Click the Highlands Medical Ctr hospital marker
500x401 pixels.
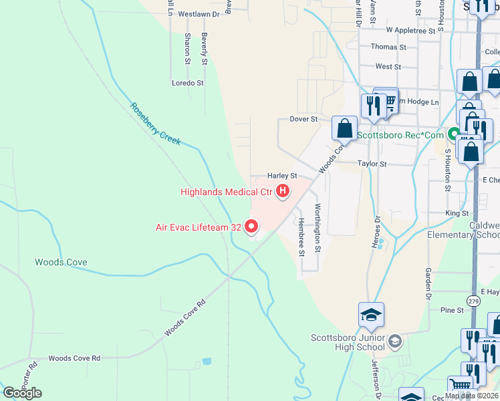point(283,192)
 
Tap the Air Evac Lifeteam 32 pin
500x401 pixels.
point(251,227)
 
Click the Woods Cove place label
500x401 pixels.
point(61,263)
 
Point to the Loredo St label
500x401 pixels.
point(187,83)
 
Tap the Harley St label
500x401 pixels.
point(282,176)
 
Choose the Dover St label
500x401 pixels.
point(303,119)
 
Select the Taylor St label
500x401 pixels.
point(372,164)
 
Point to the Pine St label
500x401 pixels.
point(452,310)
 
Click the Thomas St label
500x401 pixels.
point(388,47)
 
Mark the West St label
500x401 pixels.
point(388,67)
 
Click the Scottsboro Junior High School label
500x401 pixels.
point(348,342)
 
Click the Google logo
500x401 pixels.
point(22,393)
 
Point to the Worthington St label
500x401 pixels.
point(318,228)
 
